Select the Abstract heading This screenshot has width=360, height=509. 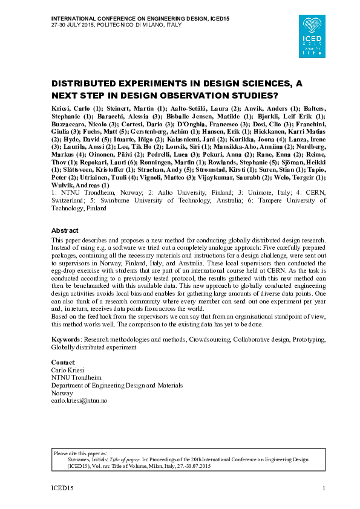pos(65,231)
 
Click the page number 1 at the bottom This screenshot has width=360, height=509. pos(325,488)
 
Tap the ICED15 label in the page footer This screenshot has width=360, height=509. pos(61,488)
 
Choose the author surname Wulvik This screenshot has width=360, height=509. pos(62,185)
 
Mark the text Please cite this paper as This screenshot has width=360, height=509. pos(77,452)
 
